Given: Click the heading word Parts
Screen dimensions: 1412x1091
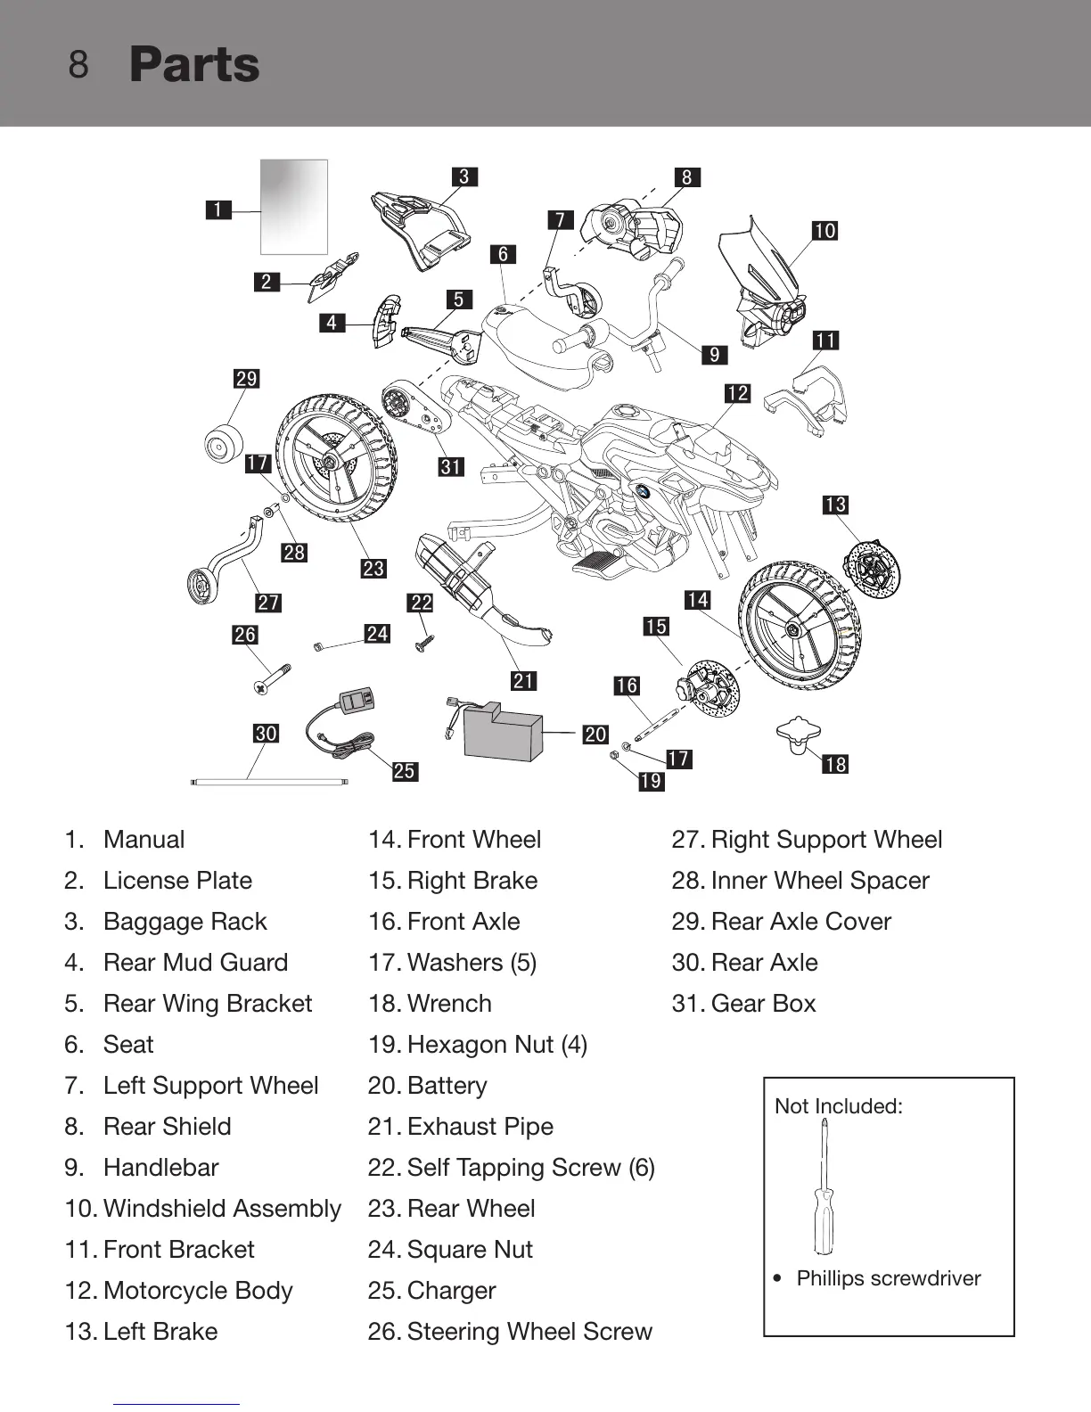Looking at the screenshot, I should [x=194, y=65].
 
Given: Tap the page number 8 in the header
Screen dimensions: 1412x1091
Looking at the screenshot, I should [x=78, y=65].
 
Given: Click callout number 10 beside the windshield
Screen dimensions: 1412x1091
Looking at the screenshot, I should [x=824, y=231].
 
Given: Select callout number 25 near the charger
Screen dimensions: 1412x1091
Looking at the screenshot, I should [x=405, y=771].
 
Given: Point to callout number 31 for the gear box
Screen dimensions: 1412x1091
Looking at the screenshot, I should [x=451, y=466].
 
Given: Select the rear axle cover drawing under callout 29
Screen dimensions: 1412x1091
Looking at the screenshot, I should [x=224, y=443].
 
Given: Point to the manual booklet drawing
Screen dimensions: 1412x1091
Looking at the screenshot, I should [x=294, y=207].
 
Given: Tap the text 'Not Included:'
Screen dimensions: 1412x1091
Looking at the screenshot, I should [x=839, y=1106].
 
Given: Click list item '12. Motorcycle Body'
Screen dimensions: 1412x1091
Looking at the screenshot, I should [x=178, y=1290].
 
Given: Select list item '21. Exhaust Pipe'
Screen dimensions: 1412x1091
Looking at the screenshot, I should [x=460, y=1126].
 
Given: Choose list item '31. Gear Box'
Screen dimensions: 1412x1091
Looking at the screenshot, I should [x=743, y=1003].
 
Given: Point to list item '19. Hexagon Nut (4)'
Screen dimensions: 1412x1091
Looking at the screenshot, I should [x=477, y=1044].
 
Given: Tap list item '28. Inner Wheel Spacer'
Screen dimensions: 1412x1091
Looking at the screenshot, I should [x=800, y=880].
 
